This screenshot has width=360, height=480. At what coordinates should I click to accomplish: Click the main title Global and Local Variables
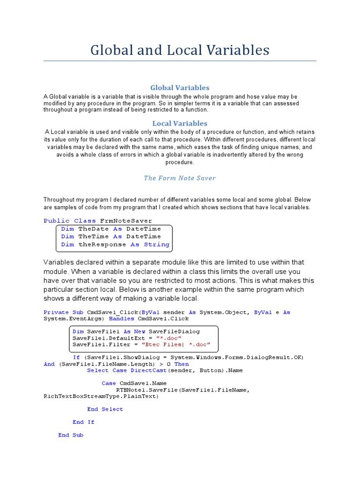(180, 50)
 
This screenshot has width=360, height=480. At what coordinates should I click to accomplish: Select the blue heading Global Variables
(180, 88)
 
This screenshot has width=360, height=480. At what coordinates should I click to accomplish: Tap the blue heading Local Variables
(180, 123)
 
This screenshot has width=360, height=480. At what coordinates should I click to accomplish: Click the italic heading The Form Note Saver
(180, 178)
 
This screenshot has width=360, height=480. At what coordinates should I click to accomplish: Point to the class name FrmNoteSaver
(126, 221)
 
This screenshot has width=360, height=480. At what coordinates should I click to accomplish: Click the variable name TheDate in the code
(94, 229)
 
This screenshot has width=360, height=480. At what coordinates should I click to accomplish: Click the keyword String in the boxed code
(157, 245)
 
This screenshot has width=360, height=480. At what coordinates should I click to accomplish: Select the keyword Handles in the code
(121, 319)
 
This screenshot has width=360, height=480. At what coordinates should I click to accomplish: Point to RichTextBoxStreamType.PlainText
(101, 396)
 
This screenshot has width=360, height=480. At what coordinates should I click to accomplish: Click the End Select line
(105, 409)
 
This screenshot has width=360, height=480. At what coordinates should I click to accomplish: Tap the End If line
(83, 422)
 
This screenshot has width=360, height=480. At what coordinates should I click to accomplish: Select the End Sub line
(71, 435)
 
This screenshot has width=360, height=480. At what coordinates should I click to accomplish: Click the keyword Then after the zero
(181, 364)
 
